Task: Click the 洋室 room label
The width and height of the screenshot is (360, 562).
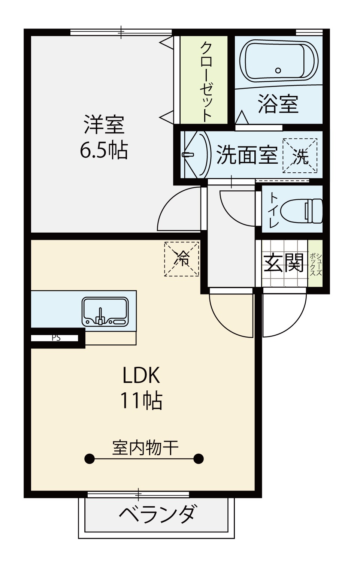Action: pos(104,125)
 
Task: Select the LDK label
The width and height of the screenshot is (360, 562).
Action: pos(141,375)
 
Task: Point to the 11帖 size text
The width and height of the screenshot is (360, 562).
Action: pos(141,401)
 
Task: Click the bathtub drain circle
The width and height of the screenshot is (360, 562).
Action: pos(278,70)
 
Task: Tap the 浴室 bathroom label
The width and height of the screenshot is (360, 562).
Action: pos(278,104)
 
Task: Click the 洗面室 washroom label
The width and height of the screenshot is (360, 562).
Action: pos(247,155)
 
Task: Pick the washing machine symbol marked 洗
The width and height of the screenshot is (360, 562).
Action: pos(300,155)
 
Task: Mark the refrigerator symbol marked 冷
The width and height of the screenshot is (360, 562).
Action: pos(182,259)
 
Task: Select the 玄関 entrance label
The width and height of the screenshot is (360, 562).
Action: pos(284,263)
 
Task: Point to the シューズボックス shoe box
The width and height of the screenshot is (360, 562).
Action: pos(315,263)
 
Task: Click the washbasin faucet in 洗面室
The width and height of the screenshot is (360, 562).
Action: pos(187,154)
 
